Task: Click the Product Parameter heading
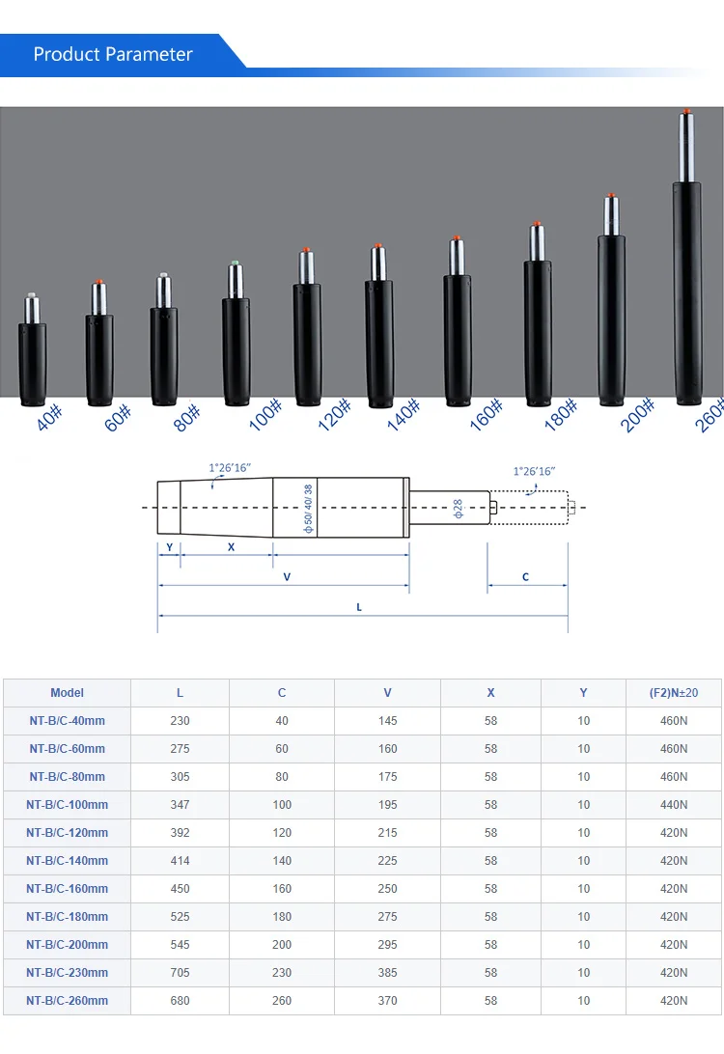(x=113, y=54)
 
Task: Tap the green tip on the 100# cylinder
(x=235, y=263)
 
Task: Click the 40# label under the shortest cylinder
(x=49, y=417)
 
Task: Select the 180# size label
(x=561, y=414)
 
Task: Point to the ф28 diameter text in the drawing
(x=458, y=508)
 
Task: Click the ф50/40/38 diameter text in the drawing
(x=308, y=510)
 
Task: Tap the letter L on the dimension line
(x=359, y=607)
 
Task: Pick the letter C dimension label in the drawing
(x=526, y=577)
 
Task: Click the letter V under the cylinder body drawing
(x=287, y=577)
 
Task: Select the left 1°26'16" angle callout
(x=230, y=468)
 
